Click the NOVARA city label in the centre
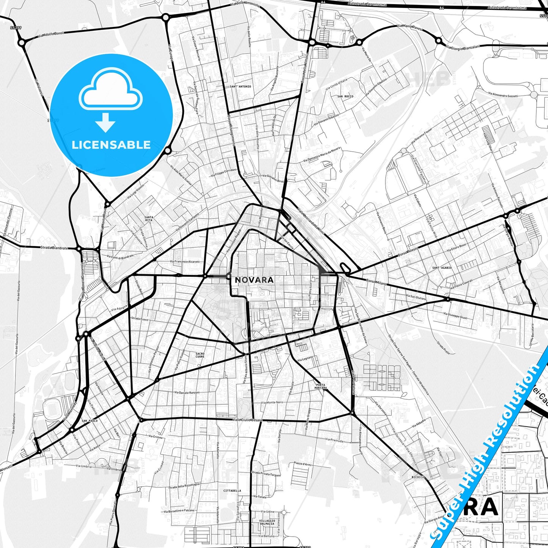pos(254,280)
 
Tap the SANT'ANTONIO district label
pos(240,86)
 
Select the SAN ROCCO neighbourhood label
pos(345,96)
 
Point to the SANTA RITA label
pos(149,218)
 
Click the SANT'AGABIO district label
pos(442,268)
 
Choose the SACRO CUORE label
pos(200,355)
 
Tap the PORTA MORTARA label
pos(320,386)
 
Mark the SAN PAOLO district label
pos(90,421)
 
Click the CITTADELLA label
pos(232,491)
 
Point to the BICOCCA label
pos(418,477)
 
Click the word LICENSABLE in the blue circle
pos(111,144)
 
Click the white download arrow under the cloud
pos(105,122)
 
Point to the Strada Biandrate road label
pos(54,248)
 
